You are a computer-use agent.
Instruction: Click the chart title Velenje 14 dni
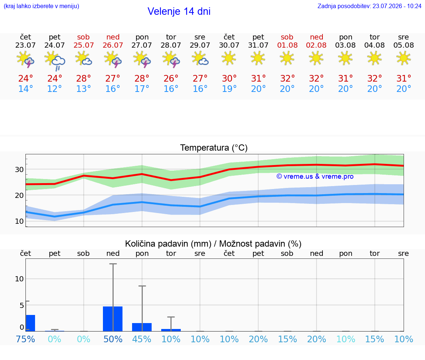point(179,11)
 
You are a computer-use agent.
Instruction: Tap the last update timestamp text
point(369,6)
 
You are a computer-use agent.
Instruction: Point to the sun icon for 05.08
point(403,58)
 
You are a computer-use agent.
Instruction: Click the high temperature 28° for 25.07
point(83,79)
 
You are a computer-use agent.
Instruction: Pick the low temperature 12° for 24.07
point(55,89)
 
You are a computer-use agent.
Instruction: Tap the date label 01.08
point(287,45)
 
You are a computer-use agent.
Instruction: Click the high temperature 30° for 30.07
point(229,79)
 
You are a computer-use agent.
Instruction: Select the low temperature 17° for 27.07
point(142,89)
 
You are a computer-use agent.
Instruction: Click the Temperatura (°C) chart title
point(214,148)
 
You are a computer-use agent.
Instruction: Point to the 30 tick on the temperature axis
point(19,169)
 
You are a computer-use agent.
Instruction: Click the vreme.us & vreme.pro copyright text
point(315,176)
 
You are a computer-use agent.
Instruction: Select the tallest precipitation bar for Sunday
point(113,319)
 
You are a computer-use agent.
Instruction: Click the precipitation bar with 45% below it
point(142,327)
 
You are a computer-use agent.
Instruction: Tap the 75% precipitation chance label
point(25,339)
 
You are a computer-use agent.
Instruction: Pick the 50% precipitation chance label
point(113,339)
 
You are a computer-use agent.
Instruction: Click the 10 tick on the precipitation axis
point(19,279)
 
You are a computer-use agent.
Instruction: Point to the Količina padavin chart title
point(213,244)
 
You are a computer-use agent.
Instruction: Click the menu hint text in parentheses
point(41,6)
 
